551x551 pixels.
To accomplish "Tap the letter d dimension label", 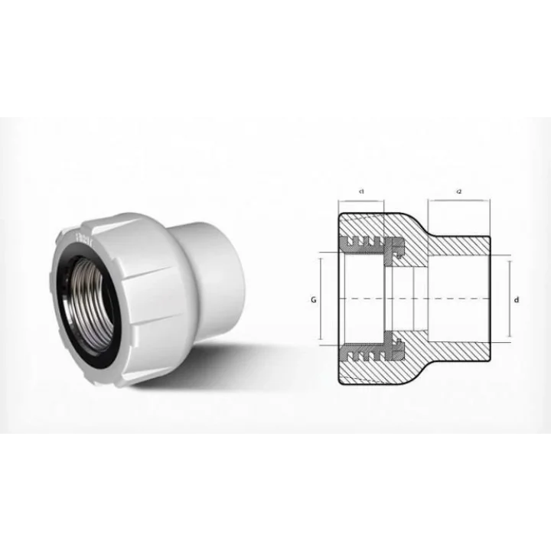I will click(x=517, y=300).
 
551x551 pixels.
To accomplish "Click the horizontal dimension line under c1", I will click(x=360, y=201).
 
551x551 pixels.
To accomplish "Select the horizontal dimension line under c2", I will click(x=458, y=201).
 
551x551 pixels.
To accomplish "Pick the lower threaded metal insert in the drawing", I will click(x=371, y=352).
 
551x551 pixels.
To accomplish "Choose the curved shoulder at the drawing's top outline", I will click(x=413, y=219).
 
